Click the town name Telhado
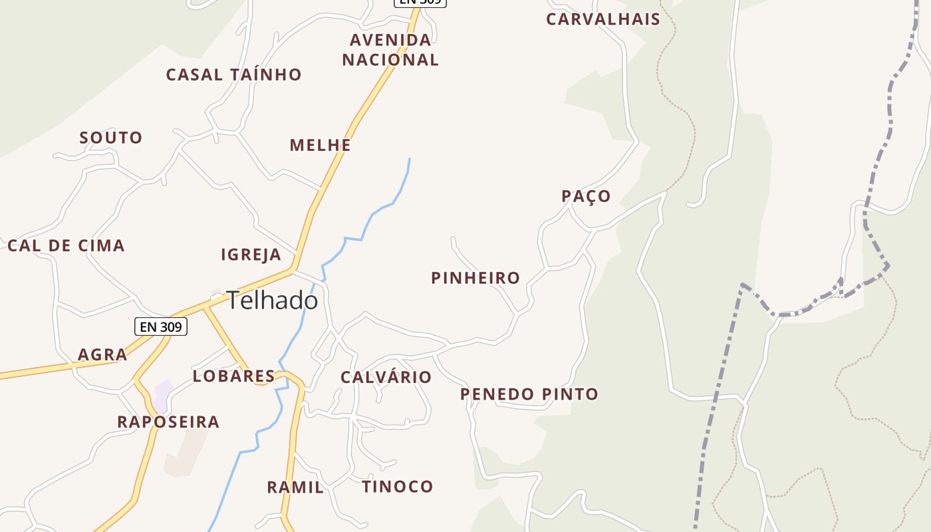pyautogui.click(x=272, y=301)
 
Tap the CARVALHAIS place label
pyautogui.click(x=603, y=19)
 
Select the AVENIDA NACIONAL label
pyautogui.click(x=390, y=50)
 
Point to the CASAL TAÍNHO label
pyautogui.click(x=233, y=74)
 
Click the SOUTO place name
pyautogui.click(x=111, y=138)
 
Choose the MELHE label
pyautogui.click(x=320, y=145)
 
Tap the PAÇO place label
pyautogui.click(x=586, y=196)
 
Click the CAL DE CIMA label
pyautogui.click(x=66, y=245)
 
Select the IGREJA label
pyautogui.click(x=251, y=255)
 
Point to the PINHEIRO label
pyautogui.click(x=475, y=278)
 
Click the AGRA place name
pyautogui.click(x=102, y=354)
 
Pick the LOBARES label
pyautogui.click(x=233, y=376)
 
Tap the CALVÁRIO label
pyautogui.click(x=386, y=377)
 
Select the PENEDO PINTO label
pyautogui.click(x=529, y=394)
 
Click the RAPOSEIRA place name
pyautogui.click(x=168, y=422)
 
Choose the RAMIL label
pyautogui.click(x=295, y=487)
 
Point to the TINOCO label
pyautogui.click(x=398, y=487)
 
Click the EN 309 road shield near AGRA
pyautogui.click(x=161, y=327)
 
